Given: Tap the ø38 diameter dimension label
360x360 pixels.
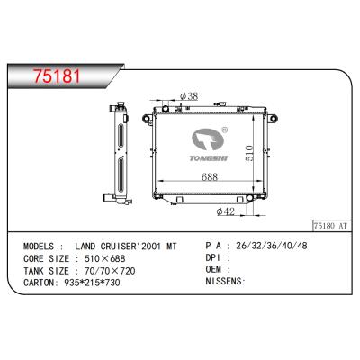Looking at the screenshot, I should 189,96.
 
